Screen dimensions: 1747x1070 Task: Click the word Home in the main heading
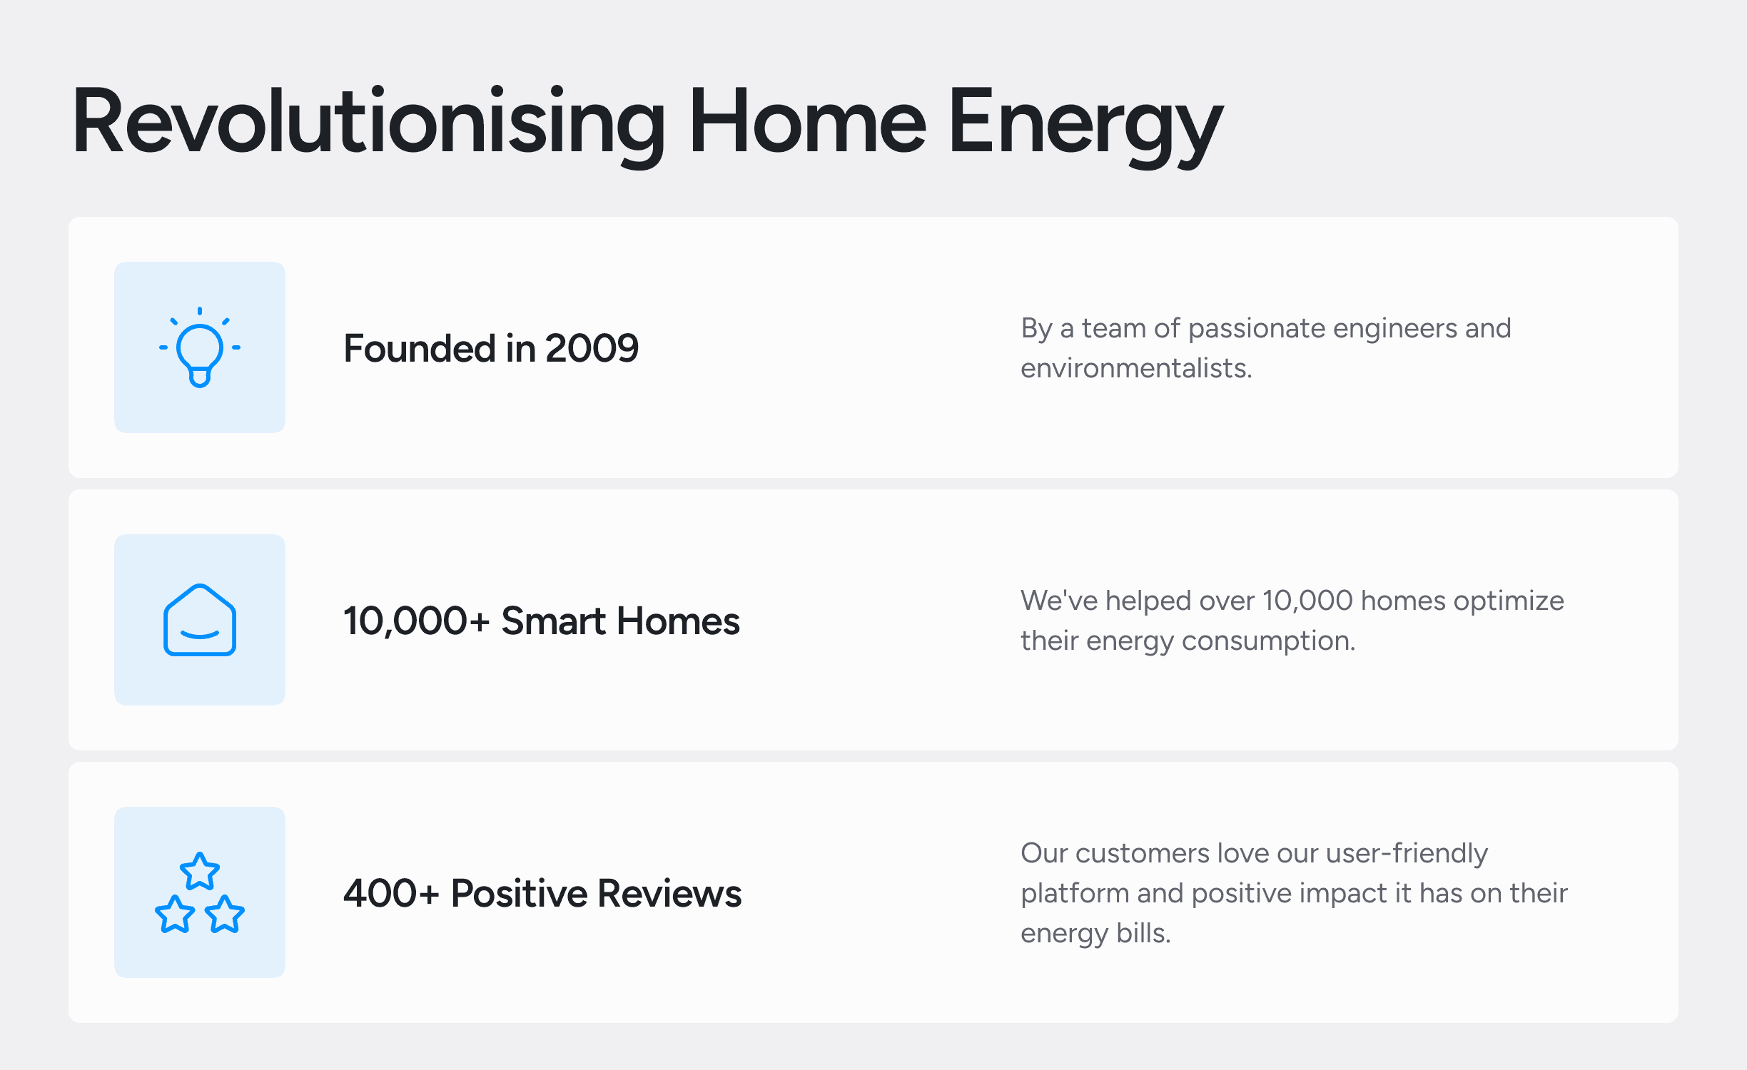click(807, 121)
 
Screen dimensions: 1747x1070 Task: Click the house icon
click(200, 619)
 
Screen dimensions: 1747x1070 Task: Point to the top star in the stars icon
click(200, 871)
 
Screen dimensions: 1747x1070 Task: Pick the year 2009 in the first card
click(592, 348)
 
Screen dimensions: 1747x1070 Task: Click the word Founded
click(420, 348)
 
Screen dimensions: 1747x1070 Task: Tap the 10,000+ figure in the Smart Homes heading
click(417, 621)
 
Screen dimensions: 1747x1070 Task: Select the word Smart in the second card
click(554, 621)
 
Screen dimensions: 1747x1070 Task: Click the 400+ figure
click(391, 893)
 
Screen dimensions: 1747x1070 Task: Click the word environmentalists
click(1136, 368)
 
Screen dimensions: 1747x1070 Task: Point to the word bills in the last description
click(1143, 933)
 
